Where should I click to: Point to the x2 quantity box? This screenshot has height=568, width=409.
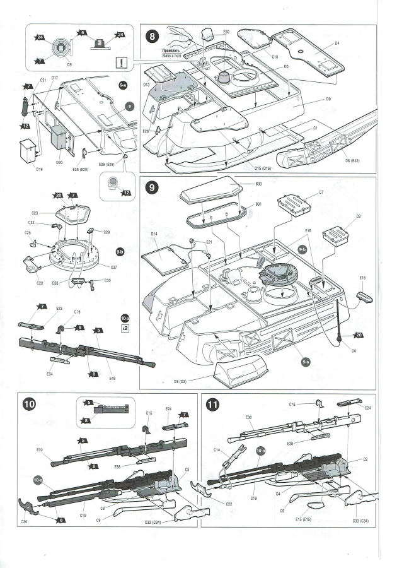point(125,329)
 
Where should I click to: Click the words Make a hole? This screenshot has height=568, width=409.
point(171,56)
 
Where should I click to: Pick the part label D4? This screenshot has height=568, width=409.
point(337,43)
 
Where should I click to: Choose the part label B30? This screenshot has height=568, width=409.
point(258,184)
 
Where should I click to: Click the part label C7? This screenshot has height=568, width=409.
point(321,191)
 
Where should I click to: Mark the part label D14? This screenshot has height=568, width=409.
point(154,234)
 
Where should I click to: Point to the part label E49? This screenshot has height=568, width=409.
point(112,379)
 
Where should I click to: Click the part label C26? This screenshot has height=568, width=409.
point(24,522)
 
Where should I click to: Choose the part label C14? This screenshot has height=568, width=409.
point(216,450)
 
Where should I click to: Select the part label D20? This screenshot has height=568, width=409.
point(59,163)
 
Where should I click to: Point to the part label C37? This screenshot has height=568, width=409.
point(114,268)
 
